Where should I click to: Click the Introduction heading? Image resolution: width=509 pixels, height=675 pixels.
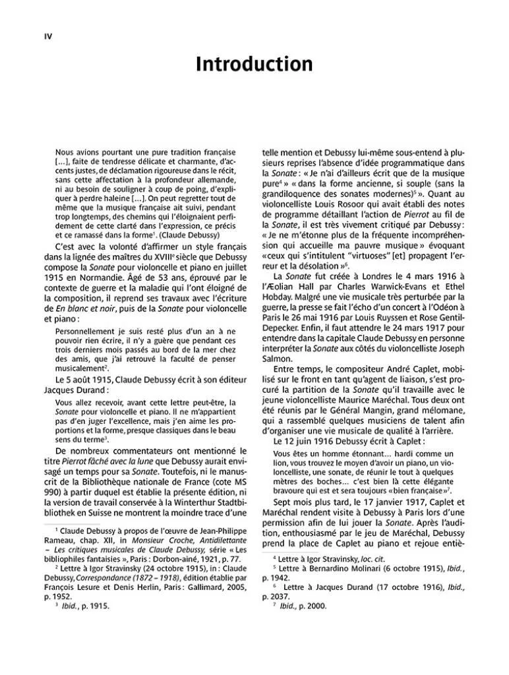point(254,65)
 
